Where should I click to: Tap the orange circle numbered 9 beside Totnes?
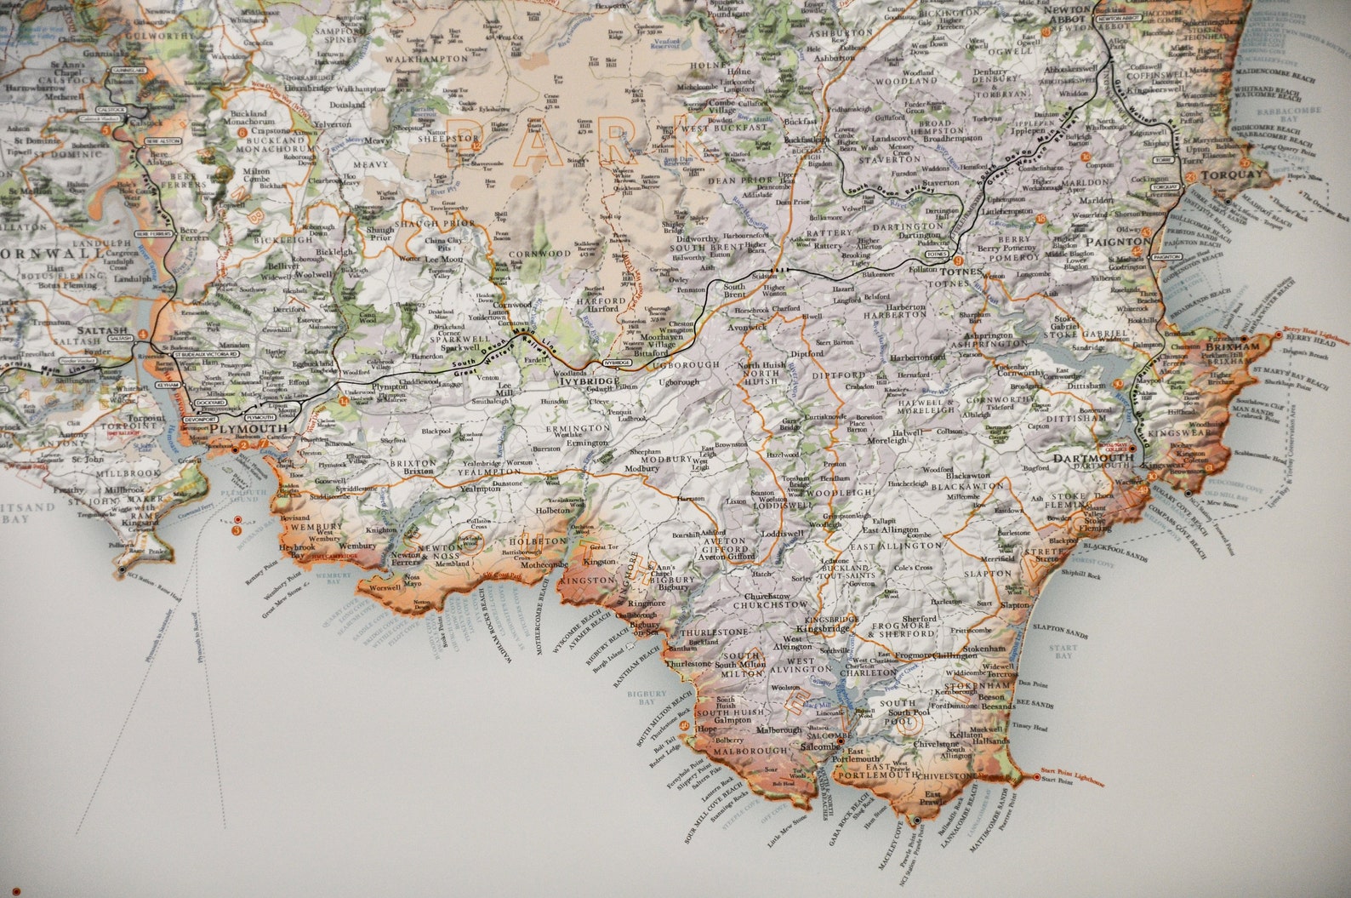(x=959, y=261)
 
